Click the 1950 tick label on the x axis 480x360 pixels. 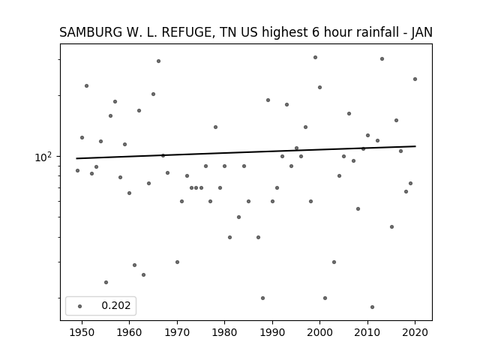coord(82,332)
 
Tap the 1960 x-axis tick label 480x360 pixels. coord(129,332)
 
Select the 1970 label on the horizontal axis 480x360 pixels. coord(177,332)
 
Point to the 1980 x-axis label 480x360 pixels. coord(224,332)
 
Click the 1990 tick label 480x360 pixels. coord(272,332)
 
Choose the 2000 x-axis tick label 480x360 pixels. coord(319,332)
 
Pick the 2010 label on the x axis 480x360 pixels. coord(367,332)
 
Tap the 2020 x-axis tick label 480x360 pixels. coord(415,332)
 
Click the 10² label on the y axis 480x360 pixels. coord(43,157)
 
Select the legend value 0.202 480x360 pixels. coord(116,305)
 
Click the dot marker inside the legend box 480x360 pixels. coord(80,306)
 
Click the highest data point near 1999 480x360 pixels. coord(315,57)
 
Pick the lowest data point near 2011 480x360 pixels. coord(372,307)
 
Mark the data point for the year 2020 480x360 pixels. coord(415,79)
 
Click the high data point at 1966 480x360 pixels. coord(158,61)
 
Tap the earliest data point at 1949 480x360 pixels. coord(77,170)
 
